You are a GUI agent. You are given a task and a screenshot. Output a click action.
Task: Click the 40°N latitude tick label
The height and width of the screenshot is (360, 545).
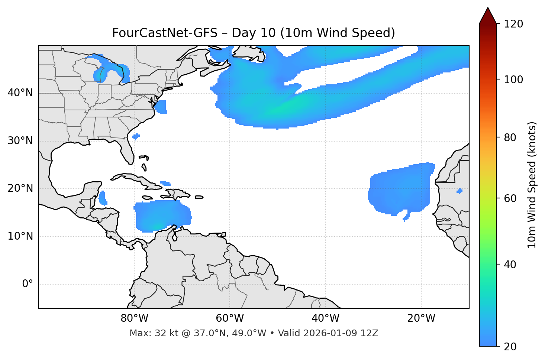click(x=20, y=93)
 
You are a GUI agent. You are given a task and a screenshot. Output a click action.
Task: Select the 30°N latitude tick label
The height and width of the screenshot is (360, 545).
click(x=20, y=141)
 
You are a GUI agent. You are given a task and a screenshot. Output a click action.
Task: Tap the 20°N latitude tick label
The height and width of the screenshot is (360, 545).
click(x=20, y=188)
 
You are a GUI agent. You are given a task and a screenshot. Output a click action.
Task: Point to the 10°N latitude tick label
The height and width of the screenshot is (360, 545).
click(x=20, y=236)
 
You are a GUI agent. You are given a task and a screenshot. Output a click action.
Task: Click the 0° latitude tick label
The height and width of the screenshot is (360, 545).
click(x=28, y=284)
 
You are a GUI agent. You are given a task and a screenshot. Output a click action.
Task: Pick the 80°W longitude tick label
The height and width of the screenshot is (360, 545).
click(x=134, y=318)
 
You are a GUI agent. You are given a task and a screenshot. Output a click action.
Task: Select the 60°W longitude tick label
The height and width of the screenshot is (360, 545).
click(x=230, y=318)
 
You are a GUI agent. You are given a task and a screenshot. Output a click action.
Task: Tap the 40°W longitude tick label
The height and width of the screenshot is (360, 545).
click(x=325, y=318)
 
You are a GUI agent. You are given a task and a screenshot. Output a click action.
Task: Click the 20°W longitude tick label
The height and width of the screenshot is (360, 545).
click(x=421, y=318)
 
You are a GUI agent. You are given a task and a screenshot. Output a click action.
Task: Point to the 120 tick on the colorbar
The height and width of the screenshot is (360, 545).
click(x=513, y=24)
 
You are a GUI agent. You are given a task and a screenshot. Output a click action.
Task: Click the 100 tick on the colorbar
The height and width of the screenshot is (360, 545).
click(x=513, y=80)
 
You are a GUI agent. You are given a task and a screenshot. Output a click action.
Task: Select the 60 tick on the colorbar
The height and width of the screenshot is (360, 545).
click(x=509, y=198)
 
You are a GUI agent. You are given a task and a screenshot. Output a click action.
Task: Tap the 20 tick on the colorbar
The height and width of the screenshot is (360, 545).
click(x=509, y=347)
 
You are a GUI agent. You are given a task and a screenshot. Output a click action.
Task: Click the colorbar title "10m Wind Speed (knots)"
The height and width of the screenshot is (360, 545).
click(x=532, y=185)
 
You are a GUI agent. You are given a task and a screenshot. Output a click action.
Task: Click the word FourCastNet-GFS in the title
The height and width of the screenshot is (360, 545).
click(x=164, y=33)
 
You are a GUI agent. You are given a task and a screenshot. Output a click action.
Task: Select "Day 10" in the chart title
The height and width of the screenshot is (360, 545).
click(x=254, y=33)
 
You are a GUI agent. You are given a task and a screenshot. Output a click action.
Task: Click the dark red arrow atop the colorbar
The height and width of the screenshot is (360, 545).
click(x=488, y=16)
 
